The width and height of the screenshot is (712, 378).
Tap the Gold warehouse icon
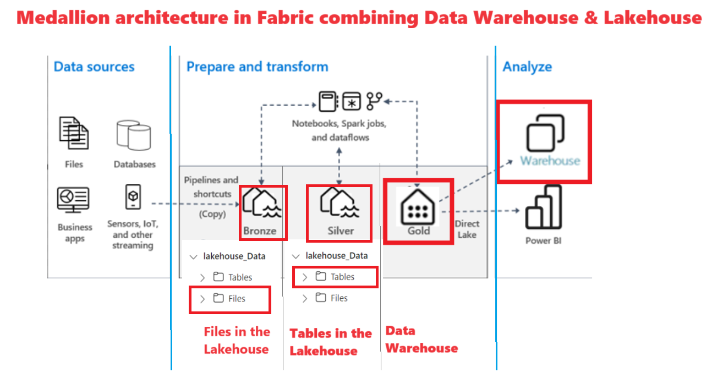point(419,206)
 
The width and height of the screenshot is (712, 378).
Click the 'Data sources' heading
point(94,67)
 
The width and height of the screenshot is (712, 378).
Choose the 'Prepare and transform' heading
point(257,67)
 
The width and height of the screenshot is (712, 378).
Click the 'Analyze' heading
point(527,67)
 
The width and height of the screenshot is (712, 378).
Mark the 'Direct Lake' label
point(467,229)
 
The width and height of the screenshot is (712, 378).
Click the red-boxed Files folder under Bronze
point(230,299)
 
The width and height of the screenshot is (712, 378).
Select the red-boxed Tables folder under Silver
point(336,277)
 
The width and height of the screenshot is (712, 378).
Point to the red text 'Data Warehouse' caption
point(421,339)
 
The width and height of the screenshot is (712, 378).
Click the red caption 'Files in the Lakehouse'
point(237,340)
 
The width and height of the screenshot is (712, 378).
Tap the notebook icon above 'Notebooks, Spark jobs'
point(326,101)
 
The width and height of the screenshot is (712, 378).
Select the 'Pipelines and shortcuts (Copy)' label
point(211,196)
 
